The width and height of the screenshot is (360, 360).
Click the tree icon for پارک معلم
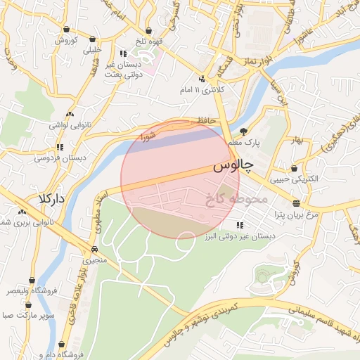coord(243,131)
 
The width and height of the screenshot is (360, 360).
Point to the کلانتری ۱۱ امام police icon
coord(202,79)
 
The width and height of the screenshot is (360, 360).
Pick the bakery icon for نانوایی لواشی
coord(69,114)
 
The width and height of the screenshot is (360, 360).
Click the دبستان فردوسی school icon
coord(60,148)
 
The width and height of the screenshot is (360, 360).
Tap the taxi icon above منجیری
coord(94,250)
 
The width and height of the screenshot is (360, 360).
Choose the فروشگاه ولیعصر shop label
coord(28,290)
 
